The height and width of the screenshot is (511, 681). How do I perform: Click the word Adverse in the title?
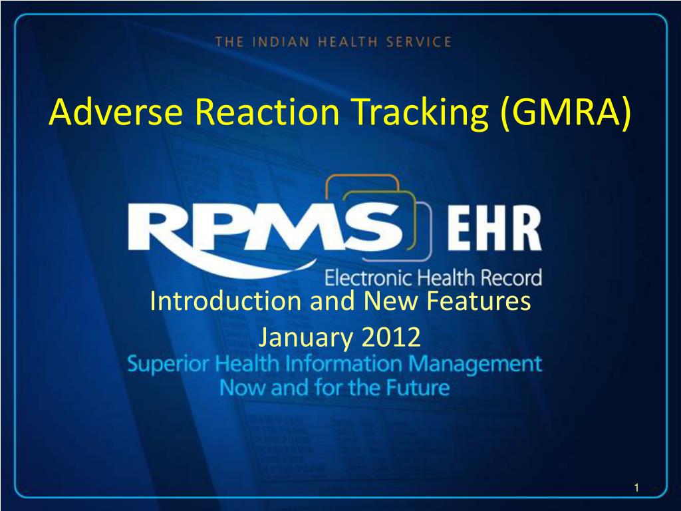tap(116, 112)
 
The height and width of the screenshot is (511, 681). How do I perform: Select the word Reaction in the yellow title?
tap(267, 112)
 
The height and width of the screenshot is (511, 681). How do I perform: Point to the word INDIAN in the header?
tap(281, 42)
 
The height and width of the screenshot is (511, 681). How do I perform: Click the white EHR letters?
tap(494, 228)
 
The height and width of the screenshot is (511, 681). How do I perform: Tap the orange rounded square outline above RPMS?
tap(362, 176)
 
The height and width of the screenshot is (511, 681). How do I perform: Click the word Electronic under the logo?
tap(369, 278)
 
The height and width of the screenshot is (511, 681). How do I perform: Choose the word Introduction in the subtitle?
tap(225, 301)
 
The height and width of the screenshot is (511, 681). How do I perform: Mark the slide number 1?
tap(636, 488)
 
